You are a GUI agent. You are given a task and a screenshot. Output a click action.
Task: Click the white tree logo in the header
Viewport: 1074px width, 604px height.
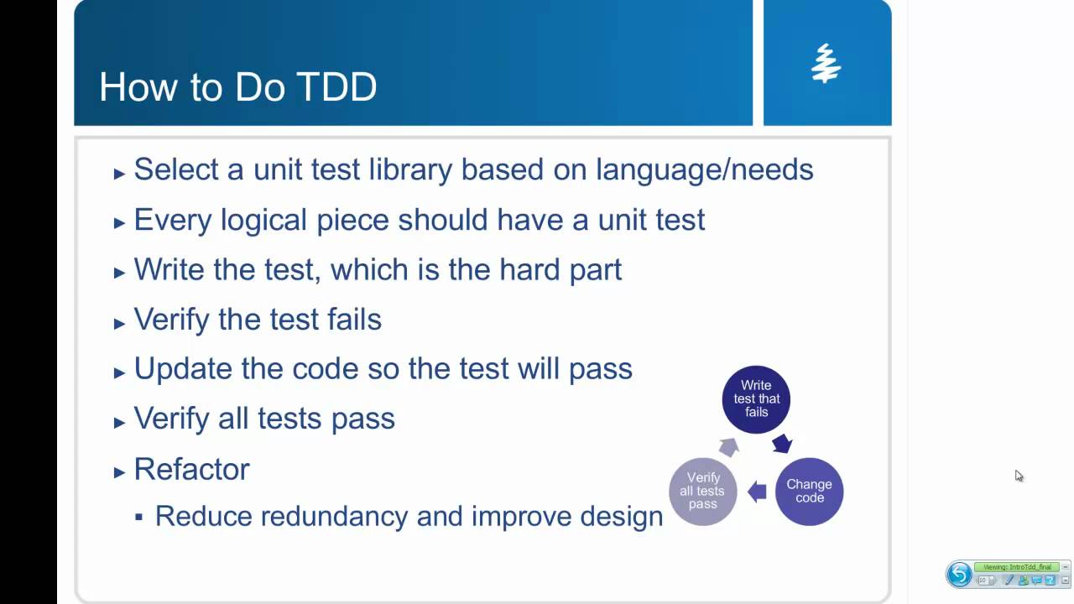[x=826, y=64]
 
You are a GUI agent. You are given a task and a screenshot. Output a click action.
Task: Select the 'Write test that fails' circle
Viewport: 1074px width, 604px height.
[x=756, y=399]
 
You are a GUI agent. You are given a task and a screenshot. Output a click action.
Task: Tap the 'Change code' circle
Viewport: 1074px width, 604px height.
[x=809, y=491]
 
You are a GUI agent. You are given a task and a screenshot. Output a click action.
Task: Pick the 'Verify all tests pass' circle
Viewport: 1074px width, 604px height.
[x=703, y=491]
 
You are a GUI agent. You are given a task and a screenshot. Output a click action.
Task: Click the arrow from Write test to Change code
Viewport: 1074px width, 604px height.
[x=782, y=443]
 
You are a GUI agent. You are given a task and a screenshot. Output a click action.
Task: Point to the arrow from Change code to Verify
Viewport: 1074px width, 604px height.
[x=757, y=492]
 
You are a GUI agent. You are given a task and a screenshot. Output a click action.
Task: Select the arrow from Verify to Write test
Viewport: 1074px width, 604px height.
[x=729, y=446]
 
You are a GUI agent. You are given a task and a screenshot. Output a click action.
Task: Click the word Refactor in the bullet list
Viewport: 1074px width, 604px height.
[x=191, y=469]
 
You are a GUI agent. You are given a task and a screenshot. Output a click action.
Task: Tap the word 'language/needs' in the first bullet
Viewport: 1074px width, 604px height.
[x=704, y=169]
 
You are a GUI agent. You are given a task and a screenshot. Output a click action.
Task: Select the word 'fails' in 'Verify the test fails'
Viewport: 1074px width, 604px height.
[x=351, y=320]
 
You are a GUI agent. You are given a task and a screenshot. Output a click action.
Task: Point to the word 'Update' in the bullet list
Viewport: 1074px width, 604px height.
[x=184, y=369]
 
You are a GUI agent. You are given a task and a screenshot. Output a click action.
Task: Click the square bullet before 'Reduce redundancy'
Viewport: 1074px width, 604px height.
[x=139, y=517]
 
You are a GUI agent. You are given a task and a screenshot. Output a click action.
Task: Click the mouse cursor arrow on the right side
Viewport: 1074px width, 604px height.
[x=1019, y=476]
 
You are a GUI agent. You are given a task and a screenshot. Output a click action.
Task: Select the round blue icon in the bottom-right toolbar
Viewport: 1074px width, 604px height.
[x=959, y=575]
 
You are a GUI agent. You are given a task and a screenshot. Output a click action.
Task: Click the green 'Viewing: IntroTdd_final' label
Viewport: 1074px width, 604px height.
[x=1016, y=567]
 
